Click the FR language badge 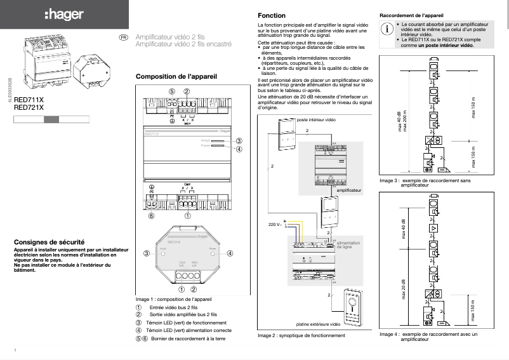tap(124, 37)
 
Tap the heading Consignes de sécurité tap(50, 243)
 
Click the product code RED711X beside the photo tap(29, 101)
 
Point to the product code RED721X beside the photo tap(29, 108)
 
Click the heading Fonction tap(272, 15)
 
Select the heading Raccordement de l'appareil tap(411, 14)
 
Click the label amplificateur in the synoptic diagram tap(349, 190)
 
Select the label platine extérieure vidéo tap(318, 324)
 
